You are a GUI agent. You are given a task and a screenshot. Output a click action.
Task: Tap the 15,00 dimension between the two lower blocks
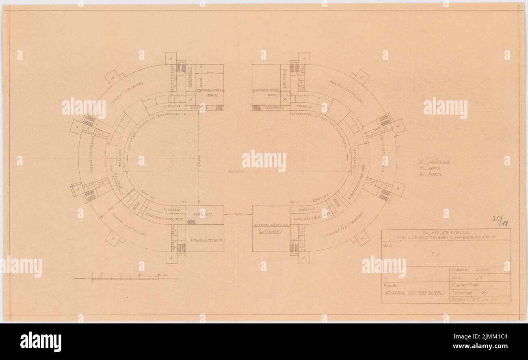(x=238, y=214)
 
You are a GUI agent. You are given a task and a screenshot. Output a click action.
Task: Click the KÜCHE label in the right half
(x=337, y=202)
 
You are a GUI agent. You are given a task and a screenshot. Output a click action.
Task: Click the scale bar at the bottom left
(x=126, y=278)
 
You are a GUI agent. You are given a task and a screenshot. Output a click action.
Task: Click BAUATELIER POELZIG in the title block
(x=446, y=233)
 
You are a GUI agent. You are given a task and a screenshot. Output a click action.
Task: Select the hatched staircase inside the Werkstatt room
(x=191, y=222)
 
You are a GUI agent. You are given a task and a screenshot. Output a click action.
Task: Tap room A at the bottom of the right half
(x=303, y=257)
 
